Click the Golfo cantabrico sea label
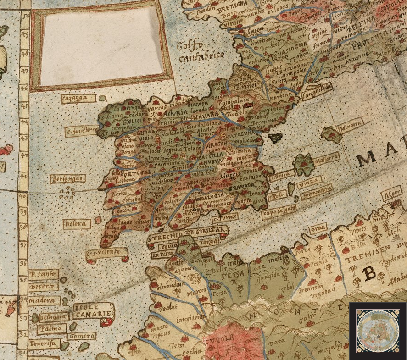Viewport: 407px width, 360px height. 201,51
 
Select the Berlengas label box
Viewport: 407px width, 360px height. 67,178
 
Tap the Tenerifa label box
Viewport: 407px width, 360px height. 42,343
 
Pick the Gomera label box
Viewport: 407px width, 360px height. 82,336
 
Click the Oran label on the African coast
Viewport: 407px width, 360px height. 316,228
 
